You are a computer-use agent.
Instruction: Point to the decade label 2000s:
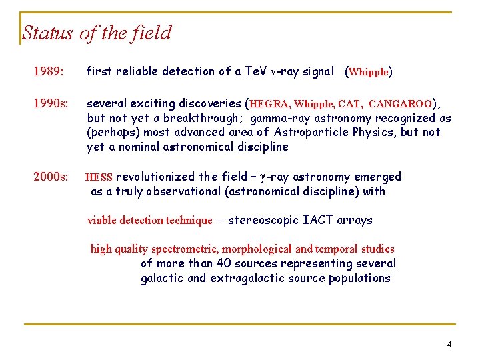coord(51,177)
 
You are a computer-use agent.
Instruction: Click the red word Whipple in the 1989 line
coord(369,72)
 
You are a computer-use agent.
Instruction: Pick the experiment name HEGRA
coord(269,104)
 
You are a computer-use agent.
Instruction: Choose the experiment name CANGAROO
coord(400,104)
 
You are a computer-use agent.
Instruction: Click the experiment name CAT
coord(349,104)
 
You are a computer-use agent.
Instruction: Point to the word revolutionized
coord(157,177)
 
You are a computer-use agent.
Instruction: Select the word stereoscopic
coord(263,220)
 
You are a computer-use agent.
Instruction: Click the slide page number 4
coord(449,344)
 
